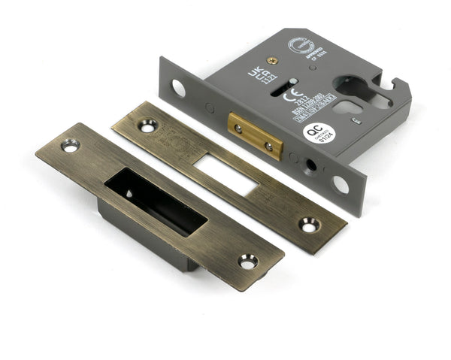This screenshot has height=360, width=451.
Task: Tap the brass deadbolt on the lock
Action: [255, 135]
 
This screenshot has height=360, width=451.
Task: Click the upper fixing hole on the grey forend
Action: [178, 88]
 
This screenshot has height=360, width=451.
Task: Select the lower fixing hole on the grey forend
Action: [341, 184]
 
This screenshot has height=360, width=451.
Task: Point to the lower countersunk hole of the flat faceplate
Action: [309, 224]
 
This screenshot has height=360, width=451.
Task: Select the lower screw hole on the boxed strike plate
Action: [247, 261]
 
